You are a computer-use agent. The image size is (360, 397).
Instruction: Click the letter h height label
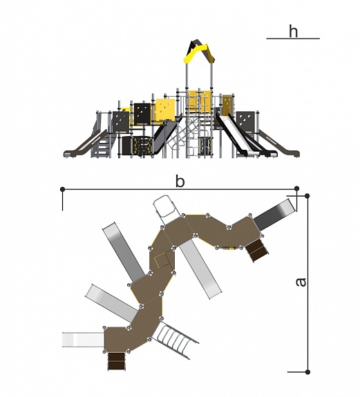(294, 32)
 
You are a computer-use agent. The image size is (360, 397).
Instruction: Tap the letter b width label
(180, 182)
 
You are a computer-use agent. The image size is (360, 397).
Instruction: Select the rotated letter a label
(301, 282)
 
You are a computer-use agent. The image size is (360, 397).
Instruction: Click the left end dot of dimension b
(63, 189)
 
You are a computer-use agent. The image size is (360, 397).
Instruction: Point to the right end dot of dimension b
(297, 188)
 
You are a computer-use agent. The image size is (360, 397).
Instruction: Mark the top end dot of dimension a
(307, 195)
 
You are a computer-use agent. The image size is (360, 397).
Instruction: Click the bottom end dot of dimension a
(307, 372)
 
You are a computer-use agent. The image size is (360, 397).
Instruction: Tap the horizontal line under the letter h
(293, 39)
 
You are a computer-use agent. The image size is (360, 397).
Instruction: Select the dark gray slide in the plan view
(275, 215)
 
